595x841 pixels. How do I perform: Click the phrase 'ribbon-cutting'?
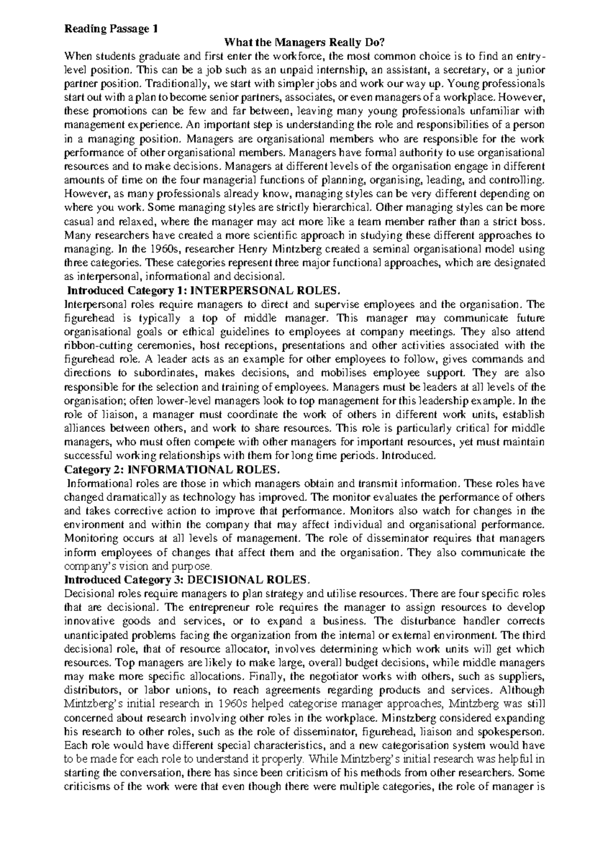point(94,345)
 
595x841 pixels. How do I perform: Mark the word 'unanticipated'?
point(94,635)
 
